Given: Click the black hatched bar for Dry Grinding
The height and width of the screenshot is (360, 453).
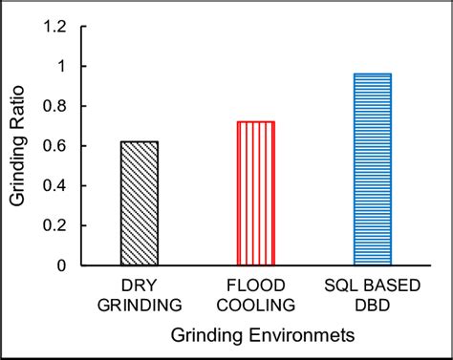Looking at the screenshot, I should tap(140, 203).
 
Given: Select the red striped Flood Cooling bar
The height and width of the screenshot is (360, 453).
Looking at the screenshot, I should tap(255, 194).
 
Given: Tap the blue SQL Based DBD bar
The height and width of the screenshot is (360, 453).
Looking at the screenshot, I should tap(372, 170).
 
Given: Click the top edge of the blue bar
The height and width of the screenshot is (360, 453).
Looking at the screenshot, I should tap(372, 74).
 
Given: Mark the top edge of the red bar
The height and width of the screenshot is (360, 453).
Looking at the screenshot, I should tap(255, 122).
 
